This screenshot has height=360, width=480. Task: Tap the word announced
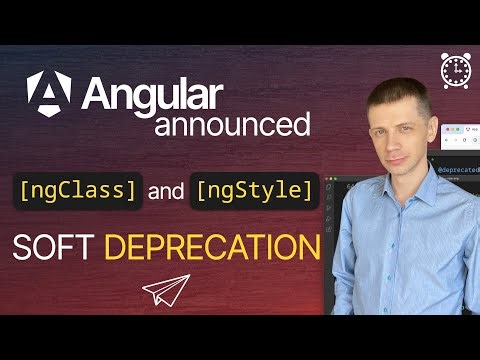pos(231,125)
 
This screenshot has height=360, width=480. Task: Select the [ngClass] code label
pos(78,189)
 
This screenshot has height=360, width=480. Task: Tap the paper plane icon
pos(165,290)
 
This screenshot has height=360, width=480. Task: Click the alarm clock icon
pos(456,68)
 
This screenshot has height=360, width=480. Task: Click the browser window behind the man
pos(454,135)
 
